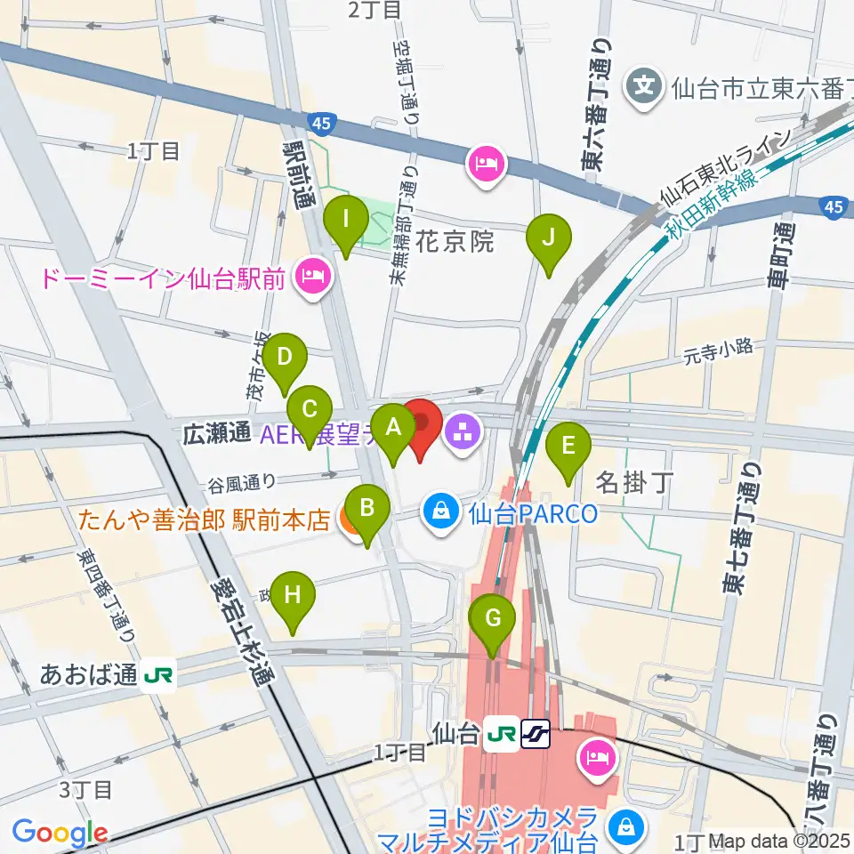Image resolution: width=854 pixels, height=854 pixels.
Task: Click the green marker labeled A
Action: tap(392, 430)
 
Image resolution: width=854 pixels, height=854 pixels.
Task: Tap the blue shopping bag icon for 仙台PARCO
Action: tap(440, 512)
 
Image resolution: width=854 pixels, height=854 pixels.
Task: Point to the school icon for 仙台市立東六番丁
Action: tap(643, 87)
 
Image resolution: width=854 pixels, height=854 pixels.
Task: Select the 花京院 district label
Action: tap(455, 242)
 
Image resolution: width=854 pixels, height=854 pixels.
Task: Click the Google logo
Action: tap(60, 833)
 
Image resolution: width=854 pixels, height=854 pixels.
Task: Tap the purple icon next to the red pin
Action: tap(463, 434)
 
